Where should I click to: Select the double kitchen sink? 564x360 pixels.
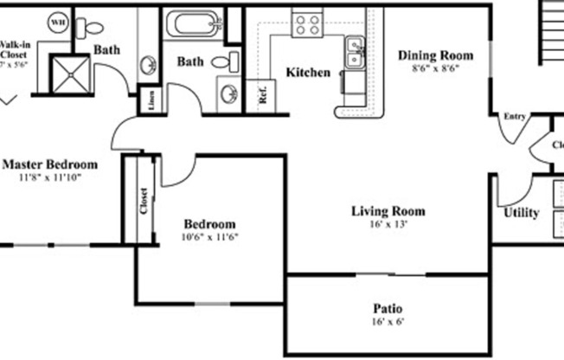[x=354, y=52]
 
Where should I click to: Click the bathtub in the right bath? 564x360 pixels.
[x=193, y=23]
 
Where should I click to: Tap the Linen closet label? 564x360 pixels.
[x=151, y=101]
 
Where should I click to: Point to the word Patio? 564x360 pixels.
[x=387, y=309]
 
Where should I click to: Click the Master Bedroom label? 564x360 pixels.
[x=48, y=164]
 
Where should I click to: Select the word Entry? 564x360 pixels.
[x=514, y=116]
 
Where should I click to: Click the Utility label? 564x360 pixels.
[x=521, y=213]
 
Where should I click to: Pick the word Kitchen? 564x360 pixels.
[x=308, y=73]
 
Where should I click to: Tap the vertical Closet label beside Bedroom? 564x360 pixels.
[x=144, y=201]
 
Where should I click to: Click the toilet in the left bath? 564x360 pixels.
[x=89, y=28]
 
